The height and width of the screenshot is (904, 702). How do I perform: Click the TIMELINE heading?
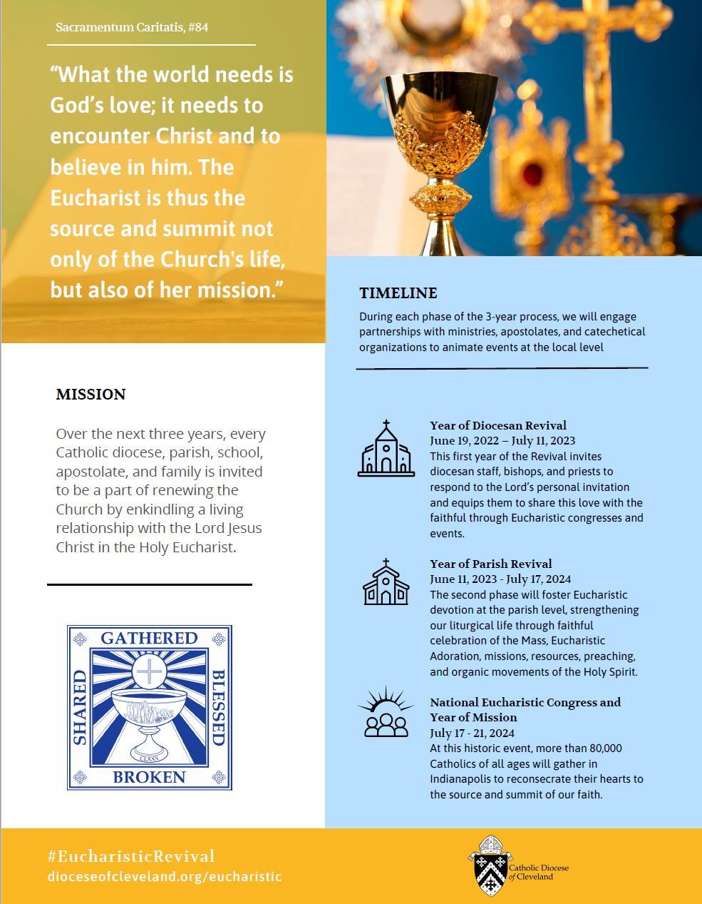(x=398, y=293)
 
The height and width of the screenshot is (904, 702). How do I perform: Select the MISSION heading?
(x=91, y=395)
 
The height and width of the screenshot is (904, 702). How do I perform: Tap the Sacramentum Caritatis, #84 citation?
(x=132, y=28)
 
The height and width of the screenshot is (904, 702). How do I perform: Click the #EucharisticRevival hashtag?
(x=131, y=856)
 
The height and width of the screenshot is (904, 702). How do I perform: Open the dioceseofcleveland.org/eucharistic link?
(x=165, y=877)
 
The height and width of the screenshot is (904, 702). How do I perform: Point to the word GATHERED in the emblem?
(x=149, y=638)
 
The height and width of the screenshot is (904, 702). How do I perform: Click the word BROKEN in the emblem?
(x=149, y=777)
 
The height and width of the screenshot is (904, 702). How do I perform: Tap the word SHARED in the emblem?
(x=80, y=707)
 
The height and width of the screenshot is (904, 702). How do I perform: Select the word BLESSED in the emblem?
(x=218, y=707)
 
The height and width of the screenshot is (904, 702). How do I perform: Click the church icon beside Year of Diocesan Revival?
(x=386, y=449)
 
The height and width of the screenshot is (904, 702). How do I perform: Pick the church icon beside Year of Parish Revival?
(x=386, y=582)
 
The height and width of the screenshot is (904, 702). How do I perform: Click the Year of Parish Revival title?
(x=490, y=564)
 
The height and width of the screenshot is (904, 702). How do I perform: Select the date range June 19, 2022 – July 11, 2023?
(x=502, y=441)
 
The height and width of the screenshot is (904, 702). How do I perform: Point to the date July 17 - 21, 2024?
(x=472, y=733)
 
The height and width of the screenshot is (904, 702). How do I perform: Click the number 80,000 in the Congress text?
(x=604, y=748)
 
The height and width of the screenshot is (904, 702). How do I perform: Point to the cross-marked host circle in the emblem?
(x=149, y=671)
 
